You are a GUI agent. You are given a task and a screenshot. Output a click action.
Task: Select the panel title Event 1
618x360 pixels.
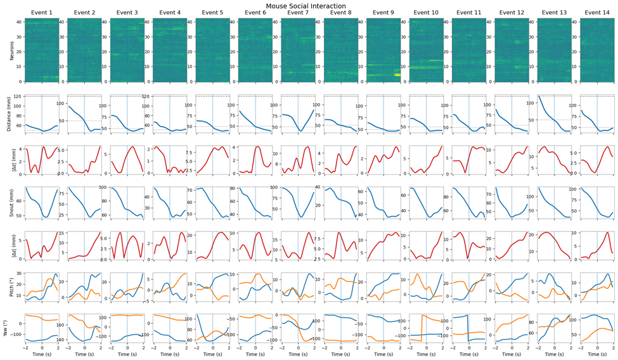pyautogui.click(x=41, y=13)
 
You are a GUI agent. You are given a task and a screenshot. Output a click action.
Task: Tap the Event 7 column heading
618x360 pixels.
pyautogui.click(x=298, y=13)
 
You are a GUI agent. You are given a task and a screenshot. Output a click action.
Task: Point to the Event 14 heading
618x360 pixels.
pyautogui.click(x=596, y=13)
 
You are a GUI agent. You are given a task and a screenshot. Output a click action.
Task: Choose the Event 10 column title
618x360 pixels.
pyautogui.click(x=426, y=13)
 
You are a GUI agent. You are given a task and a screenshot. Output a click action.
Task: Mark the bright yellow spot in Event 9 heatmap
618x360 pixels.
pyautogui.click(x=397, y=74)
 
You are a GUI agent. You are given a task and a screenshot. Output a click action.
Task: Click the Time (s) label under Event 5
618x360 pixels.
pyautogui.click(x=212, y=355)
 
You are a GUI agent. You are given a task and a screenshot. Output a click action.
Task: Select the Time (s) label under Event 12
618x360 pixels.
pyautogui.click(x=511, y=355)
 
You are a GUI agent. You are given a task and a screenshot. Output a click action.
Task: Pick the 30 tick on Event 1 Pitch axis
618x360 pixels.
pyautogui.click(x=20, y=273)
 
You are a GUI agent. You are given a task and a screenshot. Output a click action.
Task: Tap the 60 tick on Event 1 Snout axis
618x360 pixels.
pyautogui.click(x=20, y=200)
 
